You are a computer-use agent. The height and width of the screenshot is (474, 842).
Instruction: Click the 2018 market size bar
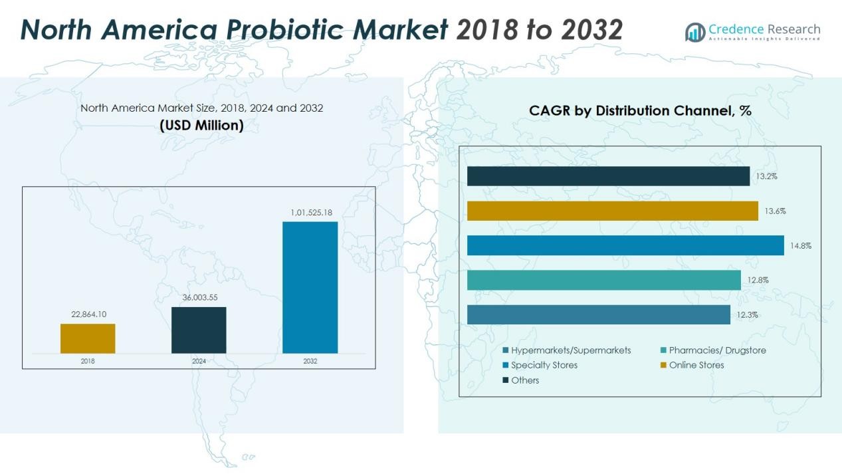point(88,338)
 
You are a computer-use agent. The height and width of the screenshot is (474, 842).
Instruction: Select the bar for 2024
point(199,330)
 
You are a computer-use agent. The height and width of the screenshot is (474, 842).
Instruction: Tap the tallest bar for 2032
point(310,287)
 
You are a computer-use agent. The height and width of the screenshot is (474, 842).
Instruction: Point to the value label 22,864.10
point(89,314)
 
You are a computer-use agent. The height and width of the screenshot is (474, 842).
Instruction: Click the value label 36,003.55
point(200,297)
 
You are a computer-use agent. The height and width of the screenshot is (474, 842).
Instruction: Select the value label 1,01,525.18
point(311,213)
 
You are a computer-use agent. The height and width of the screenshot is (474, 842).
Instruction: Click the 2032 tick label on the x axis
point(310,361)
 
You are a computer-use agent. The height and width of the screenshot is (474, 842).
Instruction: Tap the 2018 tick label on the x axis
point(88,361)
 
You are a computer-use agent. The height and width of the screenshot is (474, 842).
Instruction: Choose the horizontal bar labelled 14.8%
point(625,245)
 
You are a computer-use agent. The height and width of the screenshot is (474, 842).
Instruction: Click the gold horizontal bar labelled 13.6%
point(612,211)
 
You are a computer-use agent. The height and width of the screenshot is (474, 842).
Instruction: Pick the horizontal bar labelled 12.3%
point(598,314)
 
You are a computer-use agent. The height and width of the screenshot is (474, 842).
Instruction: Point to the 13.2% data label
point(766,177)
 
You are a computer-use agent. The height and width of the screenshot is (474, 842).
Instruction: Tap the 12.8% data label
point(758,280)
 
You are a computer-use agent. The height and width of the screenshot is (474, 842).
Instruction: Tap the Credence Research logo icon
point(695,32)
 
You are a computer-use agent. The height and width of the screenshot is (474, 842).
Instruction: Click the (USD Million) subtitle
point(201,125)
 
